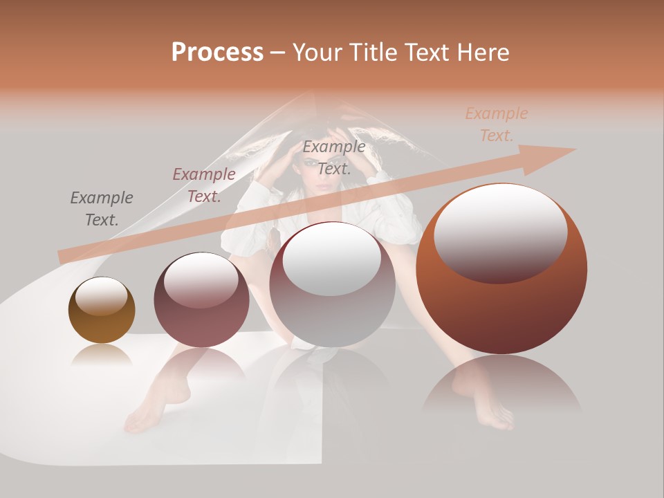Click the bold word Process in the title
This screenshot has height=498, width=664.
pyautogui.click(x=217, y=53)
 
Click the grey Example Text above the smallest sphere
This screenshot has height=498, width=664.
pyautogui.click(x=102, y=209)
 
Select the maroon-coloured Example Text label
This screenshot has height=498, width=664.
pyautogui.click(x=204, y=185)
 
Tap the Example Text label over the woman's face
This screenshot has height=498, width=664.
pyautogui.click(x=334, y=158)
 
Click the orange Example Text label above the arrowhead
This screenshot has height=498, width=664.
pyautogui.click(x=497, y=124)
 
